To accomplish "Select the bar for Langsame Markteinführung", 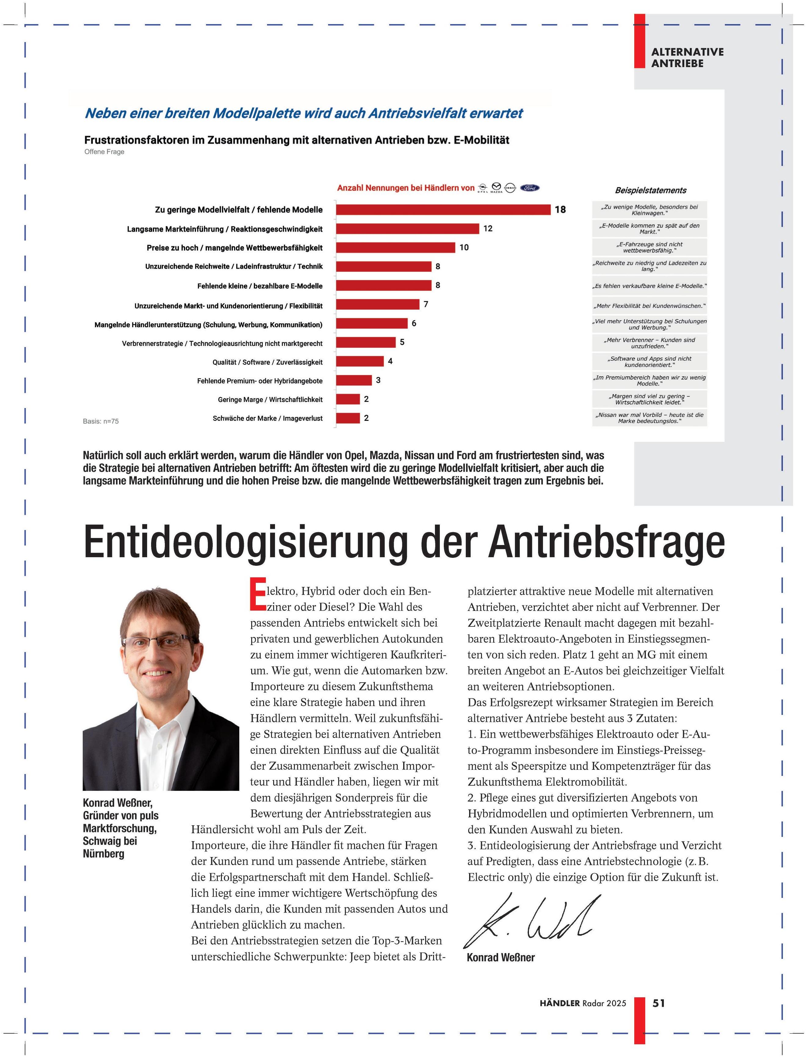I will coord(407,228).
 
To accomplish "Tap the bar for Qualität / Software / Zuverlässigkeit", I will coord(360,361).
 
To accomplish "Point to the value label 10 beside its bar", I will coord(464,248).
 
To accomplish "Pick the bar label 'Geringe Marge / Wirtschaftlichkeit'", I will coord(270,400).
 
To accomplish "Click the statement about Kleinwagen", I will coord(650,210).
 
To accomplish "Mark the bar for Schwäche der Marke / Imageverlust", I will coord(348,418).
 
